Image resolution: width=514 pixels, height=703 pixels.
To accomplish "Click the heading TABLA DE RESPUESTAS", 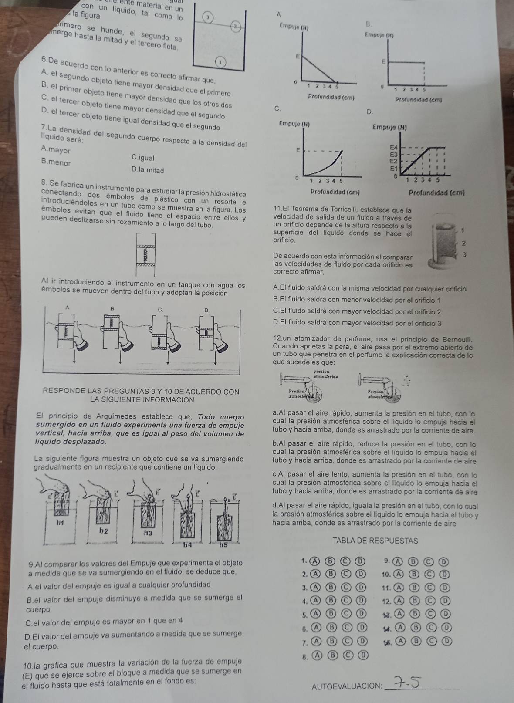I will coord(375,541).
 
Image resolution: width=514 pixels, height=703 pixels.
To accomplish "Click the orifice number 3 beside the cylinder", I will coord(465,254).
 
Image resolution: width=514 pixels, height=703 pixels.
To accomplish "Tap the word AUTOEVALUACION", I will coord(346,687).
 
